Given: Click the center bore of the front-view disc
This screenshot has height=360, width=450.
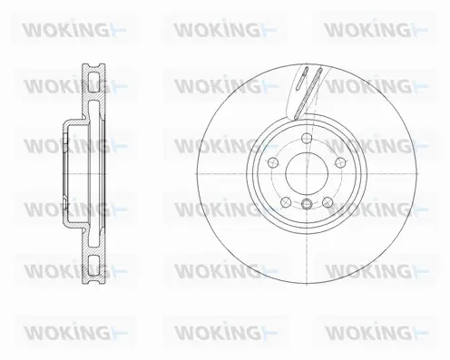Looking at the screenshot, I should click(x=308, y=174).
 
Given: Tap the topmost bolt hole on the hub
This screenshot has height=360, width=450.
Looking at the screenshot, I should click(x=308, y=139).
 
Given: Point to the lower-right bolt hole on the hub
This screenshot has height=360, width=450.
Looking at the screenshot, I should click(x=329, y=202).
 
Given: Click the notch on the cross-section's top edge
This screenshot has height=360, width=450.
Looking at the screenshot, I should click(x=92, y=64).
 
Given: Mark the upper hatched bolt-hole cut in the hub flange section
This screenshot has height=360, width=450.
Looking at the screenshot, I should click(x=69, y=135).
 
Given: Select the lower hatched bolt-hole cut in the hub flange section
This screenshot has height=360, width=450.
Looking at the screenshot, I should click(x=69, y=215).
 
